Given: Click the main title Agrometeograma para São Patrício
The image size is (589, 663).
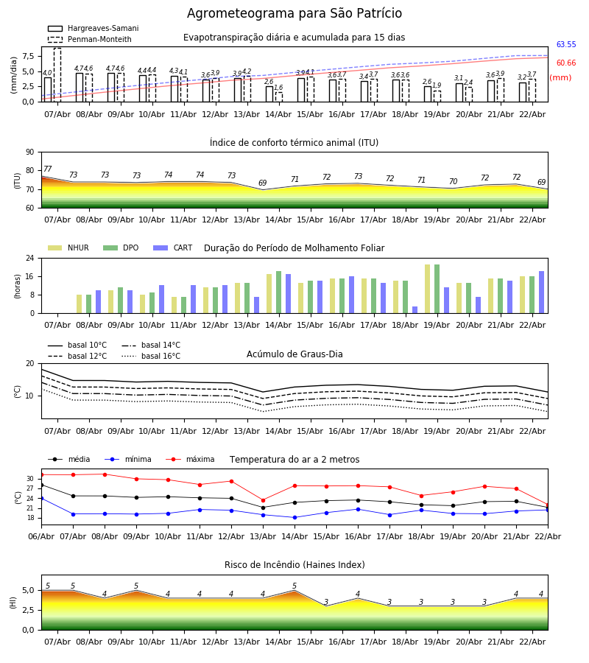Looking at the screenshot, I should coord(294,14).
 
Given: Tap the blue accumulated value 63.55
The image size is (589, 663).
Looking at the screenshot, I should coord(566,45).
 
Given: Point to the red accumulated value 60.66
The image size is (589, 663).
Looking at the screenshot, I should coord(566,63).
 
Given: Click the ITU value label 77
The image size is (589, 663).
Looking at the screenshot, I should coord(48,169).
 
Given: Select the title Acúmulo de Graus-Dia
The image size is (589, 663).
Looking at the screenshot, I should coord(294,354).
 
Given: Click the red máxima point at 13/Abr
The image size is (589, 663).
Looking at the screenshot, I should coord(263,500).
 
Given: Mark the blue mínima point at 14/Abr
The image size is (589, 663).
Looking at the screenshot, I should coord(294,517).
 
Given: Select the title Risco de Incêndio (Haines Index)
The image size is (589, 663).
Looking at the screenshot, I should coord(294,565).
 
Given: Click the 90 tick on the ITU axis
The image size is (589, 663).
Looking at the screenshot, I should coord(29,152).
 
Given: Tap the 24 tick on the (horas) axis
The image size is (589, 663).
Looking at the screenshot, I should coord(30,259).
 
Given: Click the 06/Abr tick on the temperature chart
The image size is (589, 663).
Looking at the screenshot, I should coord(41,536).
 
